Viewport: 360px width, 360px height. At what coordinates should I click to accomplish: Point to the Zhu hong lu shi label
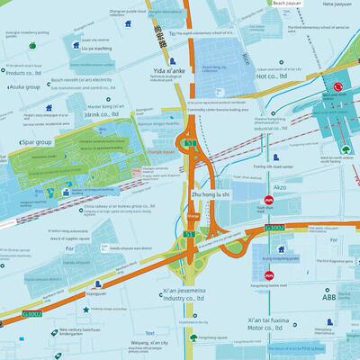click(212, 194)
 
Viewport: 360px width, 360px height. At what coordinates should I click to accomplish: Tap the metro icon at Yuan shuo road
click(267, 202)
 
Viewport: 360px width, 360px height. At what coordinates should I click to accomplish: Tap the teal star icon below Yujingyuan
click(85, 310)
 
